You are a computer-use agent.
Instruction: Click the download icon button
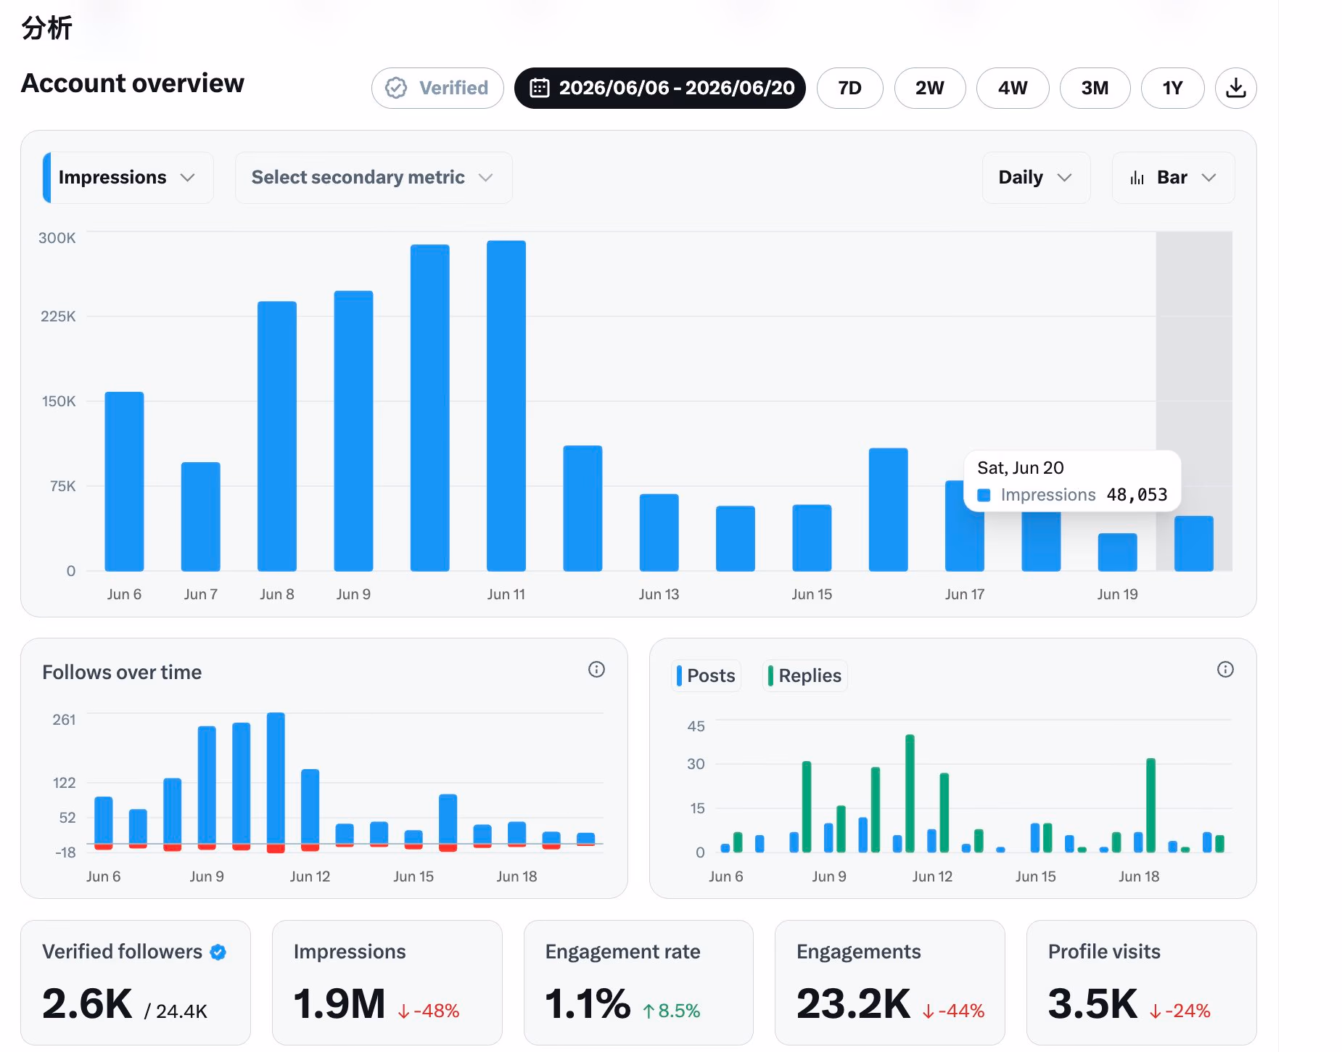click(1235, 88)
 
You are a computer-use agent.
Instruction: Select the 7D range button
click(849, 88)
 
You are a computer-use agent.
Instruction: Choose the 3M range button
click(1095, 88)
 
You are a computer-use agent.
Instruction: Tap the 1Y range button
click(1172, 88)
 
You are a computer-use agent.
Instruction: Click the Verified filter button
click(437, 88)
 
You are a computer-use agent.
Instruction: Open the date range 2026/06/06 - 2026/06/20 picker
click(660, 88)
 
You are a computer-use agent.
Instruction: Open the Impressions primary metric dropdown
click(128, 178)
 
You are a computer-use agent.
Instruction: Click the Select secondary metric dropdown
click(374, 178)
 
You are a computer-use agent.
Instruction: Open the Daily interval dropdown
click(1036, 178)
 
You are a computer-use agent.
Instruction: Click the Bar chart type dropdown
click(1173, 178)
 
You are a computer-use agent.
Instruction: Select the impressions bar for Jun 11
click(506, 406)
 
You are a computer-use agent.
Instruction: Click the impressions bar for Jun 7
click(201, 517)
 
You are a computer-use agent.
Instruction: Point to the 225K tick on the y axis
click(58, 316)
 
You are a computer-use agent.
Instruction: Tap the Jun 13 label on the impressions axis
click(659, 594)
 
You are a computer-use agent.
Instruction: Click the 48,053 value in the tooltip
click(1137, 495)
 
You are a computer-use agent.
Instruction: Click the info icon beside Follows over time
click(596, 670)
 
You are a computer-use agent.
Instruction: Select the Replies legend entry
click(805, 675)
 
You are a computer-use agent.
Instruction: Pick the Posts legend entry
click(707, 675)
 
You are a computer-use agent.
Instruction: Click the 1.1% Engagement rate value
click(588, 1004)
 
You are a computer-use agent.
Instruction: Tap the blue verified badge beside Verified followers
click(218, 952)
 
